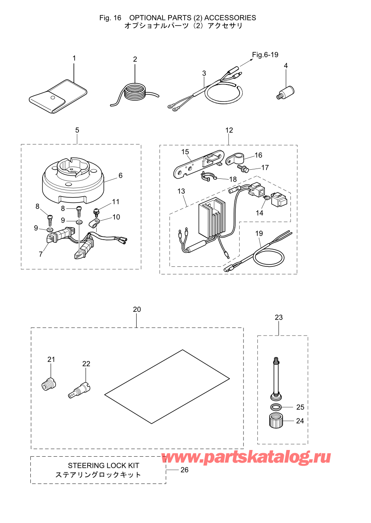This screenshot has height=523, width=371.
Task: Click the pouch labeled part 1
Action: coord(58,96)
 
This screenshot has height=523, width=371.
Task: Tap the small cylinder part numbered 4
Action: coord(285,93)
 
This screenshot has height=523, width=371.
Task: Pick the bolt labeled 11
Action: coord(96,212)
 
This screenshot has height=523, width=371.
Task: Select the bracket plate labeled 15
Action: coord(199,164)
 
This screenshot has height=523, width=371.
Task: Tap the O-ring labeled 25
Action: coord(276,407)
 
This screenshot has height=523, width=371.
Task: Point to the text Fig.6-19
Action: coord(265,54)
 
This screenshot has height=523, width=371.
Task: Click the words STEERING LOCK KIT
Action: coord(103,465)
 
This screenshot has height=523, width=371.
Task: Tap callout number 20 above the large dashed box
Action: coord(137,309)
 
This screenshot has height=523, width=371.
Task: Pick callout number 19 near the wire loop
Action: coord(259,233)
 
